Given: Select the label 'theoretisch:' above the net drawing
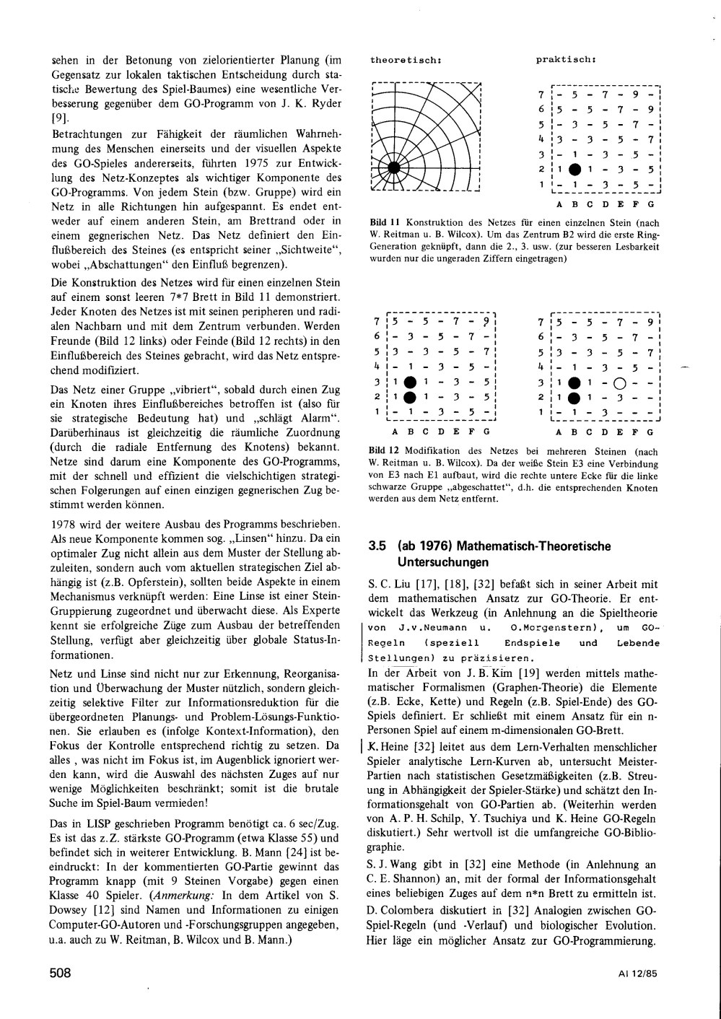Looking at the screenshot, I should point(401,60).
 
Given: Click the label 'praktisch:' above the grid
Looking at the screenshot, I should point(564,60).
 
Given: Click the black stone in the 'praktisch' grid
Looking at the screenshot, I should point(574,170).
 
